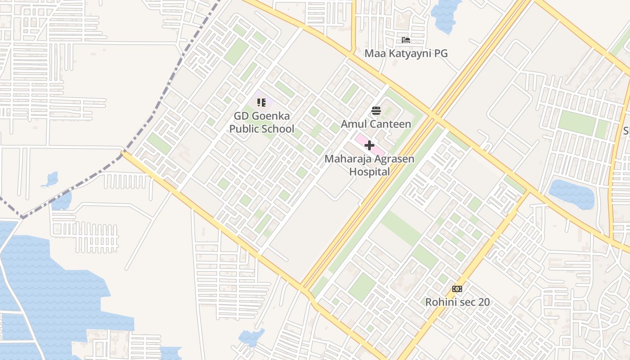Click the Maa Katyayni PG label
[406, 54]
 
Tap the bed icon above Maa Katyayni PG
[406, 40]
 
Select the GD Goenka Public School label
[262, 123]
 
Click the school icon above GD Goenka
[261, 103]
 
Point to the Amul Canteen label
[376, 124]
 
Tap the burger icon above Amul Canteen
[376, 111]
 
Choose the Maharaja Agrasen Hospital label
[369, 165]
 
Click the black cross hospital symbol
[369, 145]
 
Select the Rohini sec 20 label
[457, 302]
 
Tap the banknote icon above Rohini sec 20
[457, 289]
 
